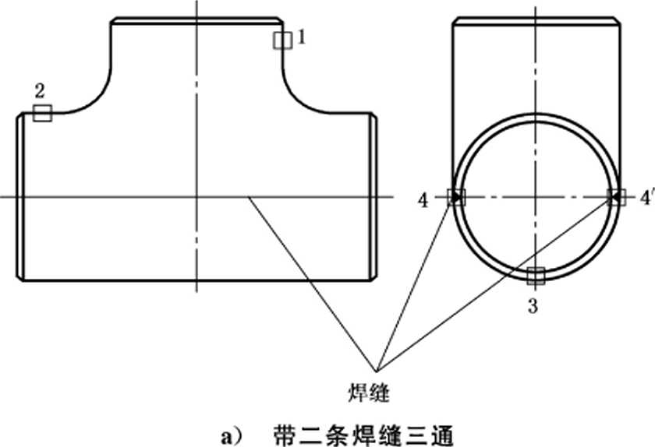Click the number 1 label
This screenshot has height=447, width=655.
tap(302, 37)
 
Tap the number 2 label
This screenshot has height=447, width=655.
tap(40, 90)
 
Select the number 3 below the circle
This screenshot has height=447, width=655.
tap(533, 306)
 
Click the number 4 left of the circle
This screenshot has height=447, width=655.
tap(423, 201)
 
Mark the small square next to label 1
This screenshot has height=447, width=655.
tap(283, 40)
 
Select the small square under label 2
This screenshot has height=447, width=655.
tap(42, 113)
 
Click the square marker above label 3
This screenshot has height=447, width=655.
tap(536, 276)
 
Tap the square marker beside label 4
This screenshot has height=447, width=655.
tap(456, 197)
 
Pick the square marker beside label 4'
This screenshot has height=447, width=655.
tap(617, 197)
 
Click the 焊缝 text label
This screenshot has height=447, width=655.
tap(368, 392)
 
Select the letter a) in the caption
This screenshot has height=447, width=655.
tap(231, 437)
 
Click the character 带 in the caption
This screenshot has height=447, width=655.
tap(284, 436)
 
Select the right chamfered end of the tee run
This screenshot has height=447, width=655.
tap(374, 196)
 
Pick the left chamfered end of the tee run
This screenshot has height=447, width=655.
tap(20, 196)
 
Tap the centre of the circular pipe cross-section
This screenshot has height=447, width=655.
tap(536, 197)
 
